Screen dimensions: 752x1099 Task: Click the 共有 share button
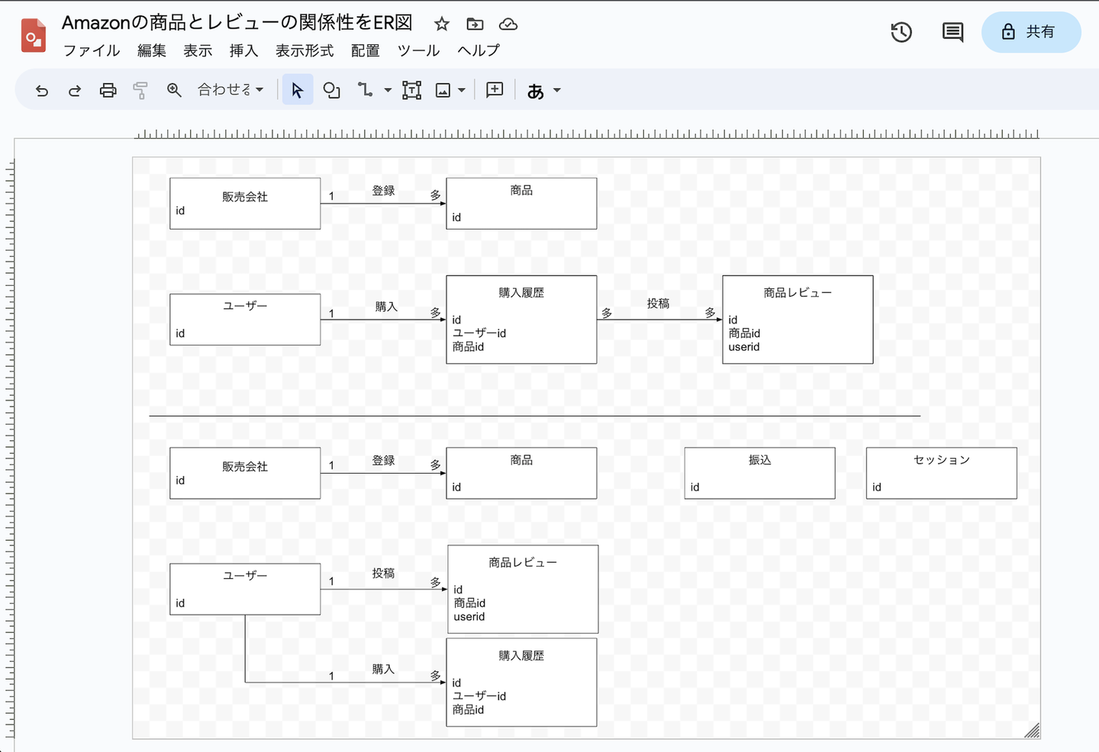click(1031, 32)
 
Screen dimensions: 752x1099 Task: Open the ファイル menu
click(92, 51)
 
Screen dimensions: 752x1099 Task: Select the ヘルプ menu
click(479, 51)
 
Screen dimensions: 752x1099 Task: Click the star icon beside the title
click(442, 24)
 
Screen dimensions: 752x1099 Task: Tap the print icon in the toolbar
click(108, 91)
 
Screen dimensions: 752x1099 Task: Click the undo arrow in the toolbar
click(42, 91)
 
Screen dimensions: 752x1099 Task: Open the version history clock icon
click(901, 32)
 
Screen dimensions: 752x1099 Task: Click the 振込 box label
click(759, 460)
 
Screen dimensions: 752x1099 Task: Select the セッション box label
click(941, 460)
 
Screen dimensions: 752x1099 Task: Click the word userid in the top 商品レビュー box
click(744, 347)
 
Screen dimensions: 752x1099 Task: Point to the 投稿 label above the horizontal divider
click(658, 304)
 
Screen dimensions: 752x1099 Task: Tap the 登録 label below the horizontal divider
click(383, 461)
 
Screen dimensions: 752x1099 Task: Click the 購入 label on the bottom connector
click(383, 670)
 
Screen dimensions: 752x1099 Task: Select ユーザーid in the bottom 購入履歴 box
click(479, 696)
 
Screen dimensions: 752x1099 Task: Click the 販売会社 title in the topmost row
click(245, 197)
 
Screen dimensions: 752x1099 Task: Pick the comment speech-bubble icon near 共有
click(952, 32)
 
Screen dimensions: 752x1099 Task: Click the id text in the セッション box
click(877, 487)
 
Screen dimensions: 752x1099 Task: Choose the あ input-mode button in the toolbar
click(536, 91)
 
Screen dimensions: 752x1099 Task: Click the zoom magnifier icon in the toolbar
click(174, 91)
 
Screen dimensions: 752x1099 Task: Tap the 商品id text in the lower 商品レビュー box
click(469, 603)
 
